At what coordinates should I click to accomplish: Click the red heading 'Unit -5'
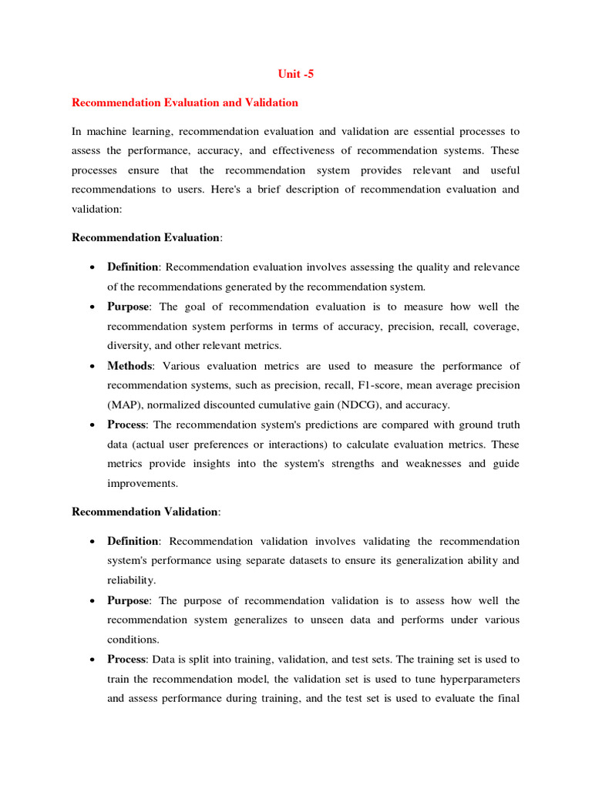[296, 74]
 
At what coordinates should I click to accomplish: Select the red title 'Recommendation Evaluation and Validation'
[185, 102]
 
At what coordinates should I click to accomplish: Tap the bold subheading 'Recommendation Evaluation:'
[146, 237]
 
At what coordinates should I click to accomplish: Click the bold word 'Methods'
[130, 366]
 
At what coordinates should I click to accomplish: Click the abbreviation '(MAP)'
[124, 405]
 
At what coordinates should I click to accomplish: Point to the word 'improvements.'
[143, 484]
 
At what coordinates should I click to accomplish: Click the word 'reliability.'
[131, 580]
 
